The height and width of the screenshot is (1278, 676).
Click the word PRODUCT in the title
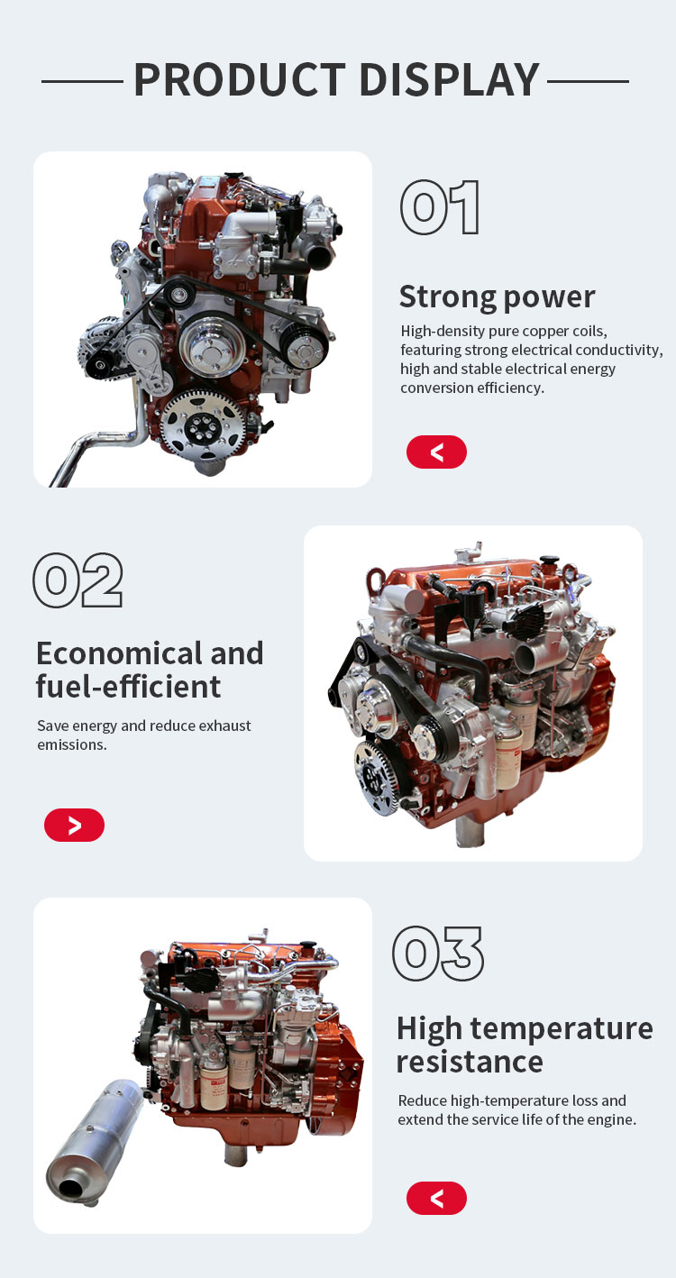(x=240, y=79)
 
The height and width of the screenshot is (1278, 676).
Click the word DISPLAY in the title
(x=450, y=79)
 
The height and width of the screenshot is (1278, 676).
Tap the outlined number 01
(x=440, y=207)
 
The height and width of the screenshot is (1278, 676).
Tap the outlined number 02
(x=78, y=580)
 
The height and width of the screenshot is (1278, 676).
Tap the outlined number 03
(x=437, y=953)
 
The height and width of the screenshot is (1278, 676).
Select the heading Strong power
(x=497, y=297)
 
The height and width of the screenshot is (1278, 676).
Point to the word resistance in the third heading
(x=470, y=1062)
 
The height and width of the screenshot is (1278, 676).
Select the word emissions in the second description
(x=72, y=744)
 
